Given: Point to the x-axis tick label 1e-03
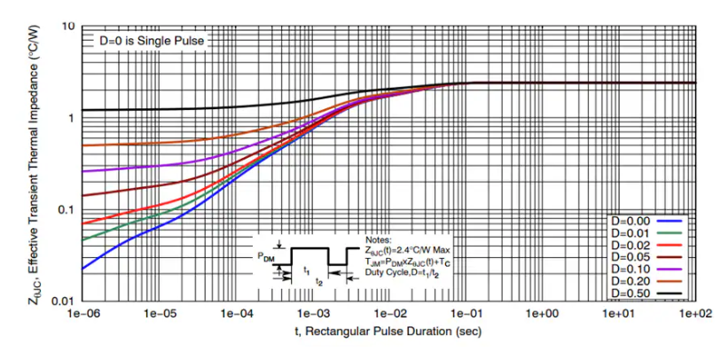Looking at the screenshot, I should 311,314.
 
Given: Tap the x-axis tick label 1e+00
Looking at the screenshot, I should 542,314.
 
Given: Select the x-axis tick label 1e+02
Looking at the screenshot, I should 694,314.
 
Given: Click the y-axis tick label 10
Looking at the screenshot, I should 67,27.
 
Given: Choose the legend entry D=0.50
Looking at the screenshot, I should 631,292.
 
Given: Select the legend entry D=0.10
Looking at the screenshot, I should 631,268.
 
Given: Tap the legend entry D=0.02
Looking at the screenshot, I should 631,244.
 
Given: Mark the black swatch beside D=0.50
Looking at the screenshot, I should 672,292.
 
